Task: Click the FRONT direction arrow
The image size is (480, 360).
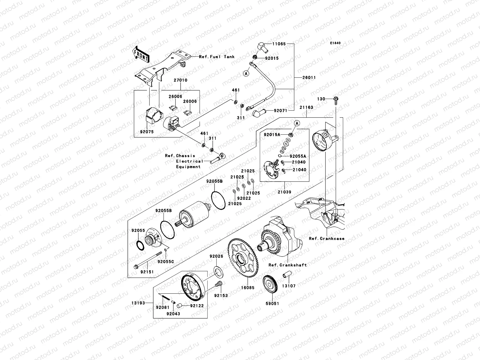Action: click(x=142, y=54)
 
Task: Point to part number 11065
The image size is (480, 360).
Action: click(x=279, y=44)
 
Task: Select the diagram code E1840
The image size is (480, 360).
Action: click(x=335, y=43)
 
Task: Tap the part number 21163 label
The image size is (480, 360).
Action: click(x=306, y=107)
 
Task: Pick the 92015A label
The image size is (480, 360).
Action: click(x=272, y=135)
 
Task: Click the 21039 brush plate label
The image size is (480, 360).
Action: click(x=284, y=192)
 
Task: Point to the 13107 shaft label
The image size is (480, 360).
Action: click(x=289, y=286)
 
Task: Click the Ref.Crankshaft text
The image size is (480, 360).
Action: click(x=287, y=265)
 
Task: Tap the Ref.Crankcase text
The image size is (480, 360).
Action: click(x=326, y=239)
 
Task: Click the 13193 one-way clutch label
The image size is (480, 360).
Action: click(x=138, y=303)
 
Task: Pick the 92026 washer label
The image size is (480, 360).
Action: click(x=216, y=256)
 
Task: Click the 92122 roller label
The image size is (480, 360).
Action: click(x=197, y=306)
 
